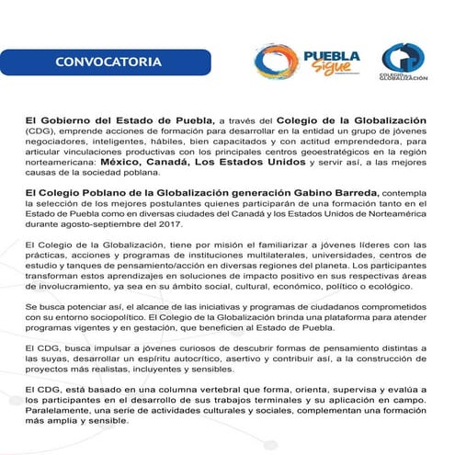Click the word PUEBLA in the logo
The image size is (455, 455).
[x=336, y=55]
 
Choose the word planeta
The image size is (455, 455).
[x=347, y=264]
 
